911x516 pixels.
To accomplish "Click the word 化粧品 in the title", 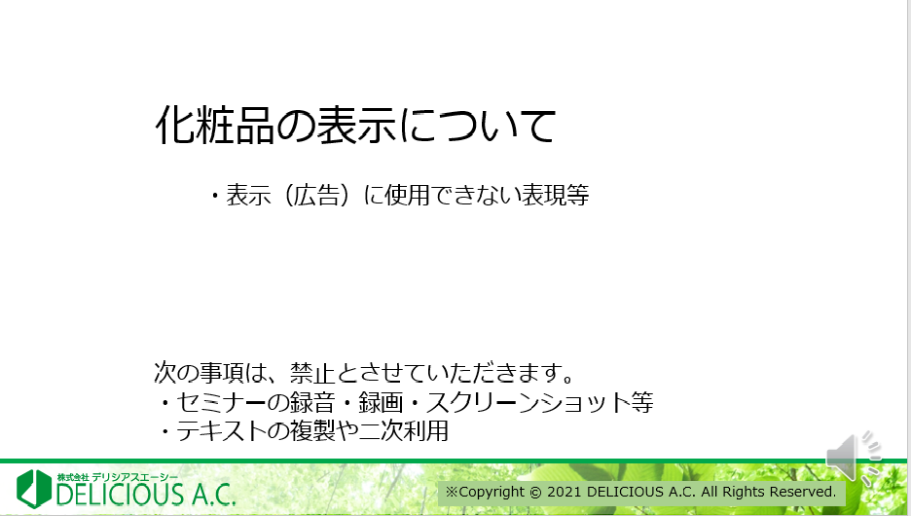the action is click(214, 125).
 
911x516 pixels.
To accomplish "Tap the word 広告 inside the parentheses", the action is click(316, 195).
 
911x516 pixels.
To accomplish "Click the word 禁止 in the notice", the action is click(312, 373).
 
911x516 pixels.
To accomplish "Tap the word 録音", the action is click(312, 402).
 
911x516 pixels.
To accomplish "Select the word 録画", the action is click(381, 402).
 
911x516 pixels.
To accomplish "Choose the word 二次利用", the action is click(404, 431).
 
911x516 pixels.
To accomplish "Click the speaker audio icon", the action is click(854, 459).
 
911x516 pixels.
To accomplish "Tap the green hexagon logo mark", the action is click(34, 488).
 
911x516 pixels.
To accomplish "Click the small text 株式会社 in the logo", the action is click(73, 477).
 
